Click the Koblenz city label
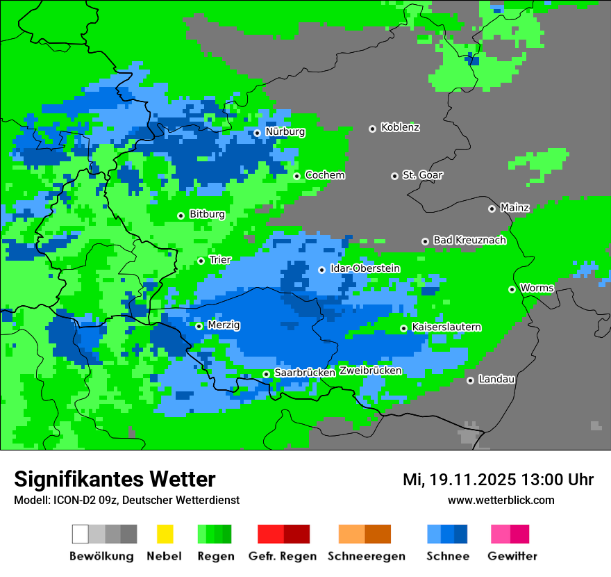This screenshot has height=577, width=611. (x=400, y=128)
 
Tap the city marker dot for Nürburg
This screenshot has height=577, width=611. (x=257, y=133)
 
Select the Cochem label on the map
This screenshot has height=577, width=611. (x=325, y=175)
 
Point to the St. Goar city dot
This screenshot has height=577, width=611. (x=394, y=176)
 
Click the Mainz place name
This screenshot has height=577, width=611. (x=514, y=208)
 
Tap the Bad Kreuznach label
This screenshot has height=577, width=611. (x=469, y=241)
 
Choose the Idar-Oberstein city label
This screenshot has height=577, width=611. (x=365, y=269)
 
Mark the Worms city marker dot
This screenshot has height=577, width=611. (x=512, y=289)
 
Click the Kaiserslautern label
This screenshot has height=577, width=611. (x=446, y=327)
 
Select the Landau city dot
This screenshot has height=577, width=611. (x=470, y=380)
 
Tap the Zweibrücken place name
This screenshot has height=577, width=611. (x=370, y=371)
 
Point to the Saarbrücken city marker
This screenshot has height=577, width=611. (x=266, y=374)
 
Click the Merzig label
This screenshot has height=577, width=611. (x=224, y=325)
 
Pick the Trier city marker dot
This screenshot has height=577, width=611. (x=201, y=261)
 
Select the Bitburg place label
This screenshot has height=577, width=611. (x=207, y=215)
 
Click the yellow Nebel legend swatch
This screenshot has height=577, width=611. (x=165, y=534)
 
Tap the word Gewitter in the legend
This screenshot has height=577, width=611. (x=512, y=556)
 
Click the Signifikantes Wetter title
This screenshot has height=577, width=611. (x=115, y=480)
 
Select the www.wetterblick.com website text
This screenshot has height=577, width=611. (x=501, y=501)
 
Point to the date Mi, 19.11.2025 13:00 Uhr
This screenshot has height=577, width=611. (x=498, y=480)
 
